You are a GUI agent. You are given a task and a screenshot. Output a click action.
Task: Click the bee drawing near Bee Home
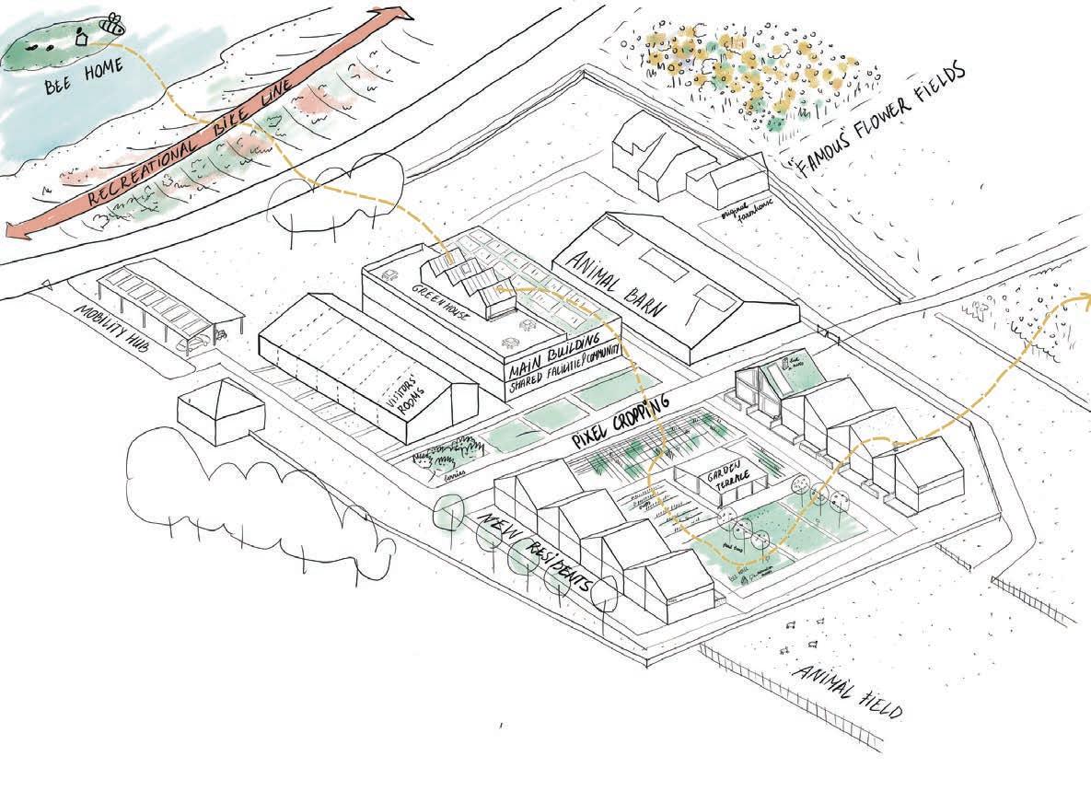[113, 24]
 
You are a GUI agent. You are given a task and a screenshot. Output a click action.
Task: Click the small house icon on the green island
[81, 38]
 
